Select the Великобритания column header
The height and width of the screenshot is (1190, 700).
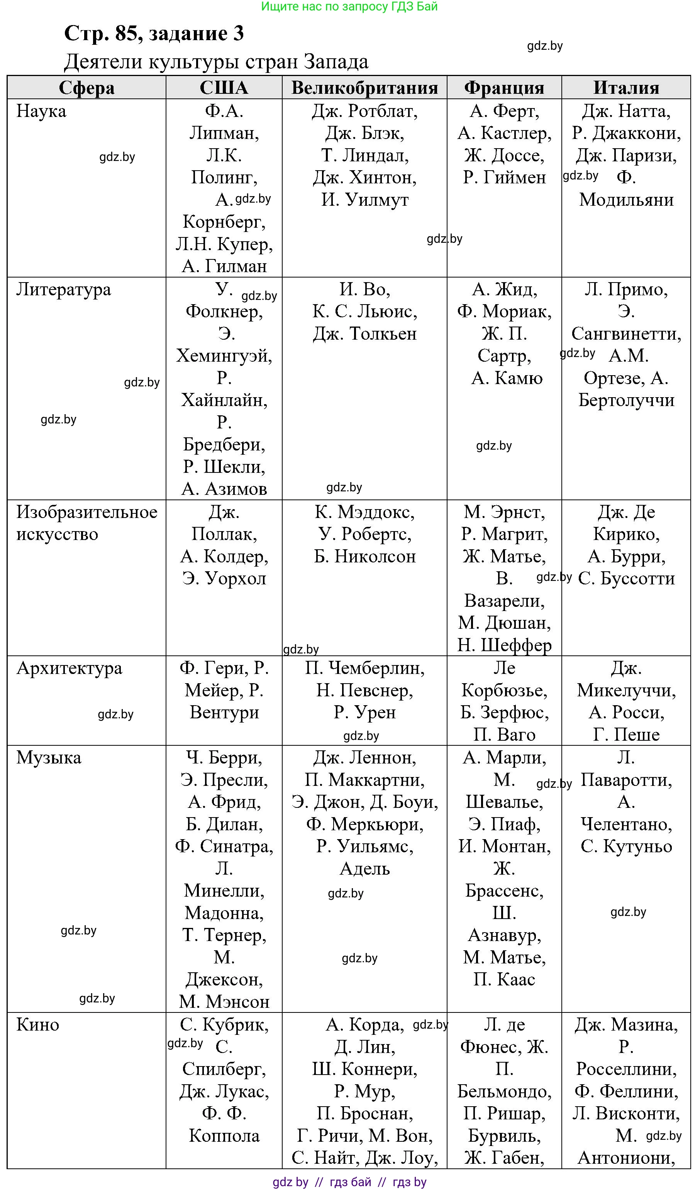pyautogui.click(x=364, y=88)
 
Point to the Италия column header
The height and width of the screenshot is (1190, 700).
pyautogui.click(x=626, y=88)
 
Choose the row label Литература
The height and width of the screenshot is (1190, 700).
pyautogui.click(x=64, y=289)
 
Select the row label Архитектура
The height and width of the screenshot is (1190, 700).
pyautogui.click(x=69, y=668)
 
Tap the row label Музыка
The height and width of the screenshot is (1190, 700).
pyautogui.click(x=49, y=757)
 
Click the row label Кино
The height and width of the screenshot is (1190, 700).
pyautogui.click(x=37, y=1025)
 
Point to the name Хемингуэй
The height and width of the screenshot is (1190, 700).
pyautogui.click(x=224, y=355)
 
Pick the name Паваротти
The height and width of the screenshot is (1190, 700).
pyautogui.click(x=626, y=780)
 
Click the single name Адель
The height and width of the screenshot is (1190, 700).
pyautogui.click(x=364, y=868)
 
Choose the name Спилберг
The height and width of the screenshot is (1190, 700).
pyautogui.click(x=224, y=1069)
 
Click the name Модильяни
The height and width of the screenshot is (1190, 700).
pyautogui.click(x=626, y=200)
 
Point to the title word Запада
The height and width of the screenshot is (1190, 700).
pyautogui.click(x=336, y=62)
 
